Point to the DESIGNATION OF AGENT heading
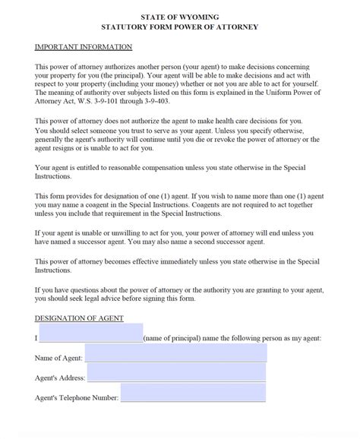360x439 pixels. pos(79,317)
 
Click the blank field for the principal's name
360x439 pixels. pos(90,335)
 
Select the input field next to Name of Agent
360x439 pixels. pos(175,354)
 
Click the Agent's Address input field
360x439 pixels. pos(177,374)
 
